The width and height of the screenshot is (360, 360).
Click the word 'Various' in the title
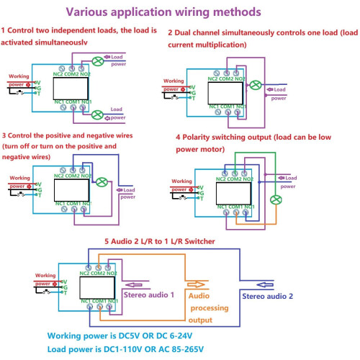click(92, 12)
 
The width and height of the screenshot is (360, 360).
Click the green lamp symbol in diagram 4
click(274, 199)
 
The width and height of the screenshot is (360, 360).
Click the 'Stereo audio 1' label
click(149, 295)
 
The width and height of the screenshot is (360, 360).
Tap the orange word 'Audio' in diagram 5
click(201, 295)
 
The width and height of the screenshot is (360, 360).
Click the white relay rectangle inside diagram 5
click(94, 287)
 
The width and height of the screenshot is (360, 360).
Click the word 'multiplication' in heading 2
click(222, 44)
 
